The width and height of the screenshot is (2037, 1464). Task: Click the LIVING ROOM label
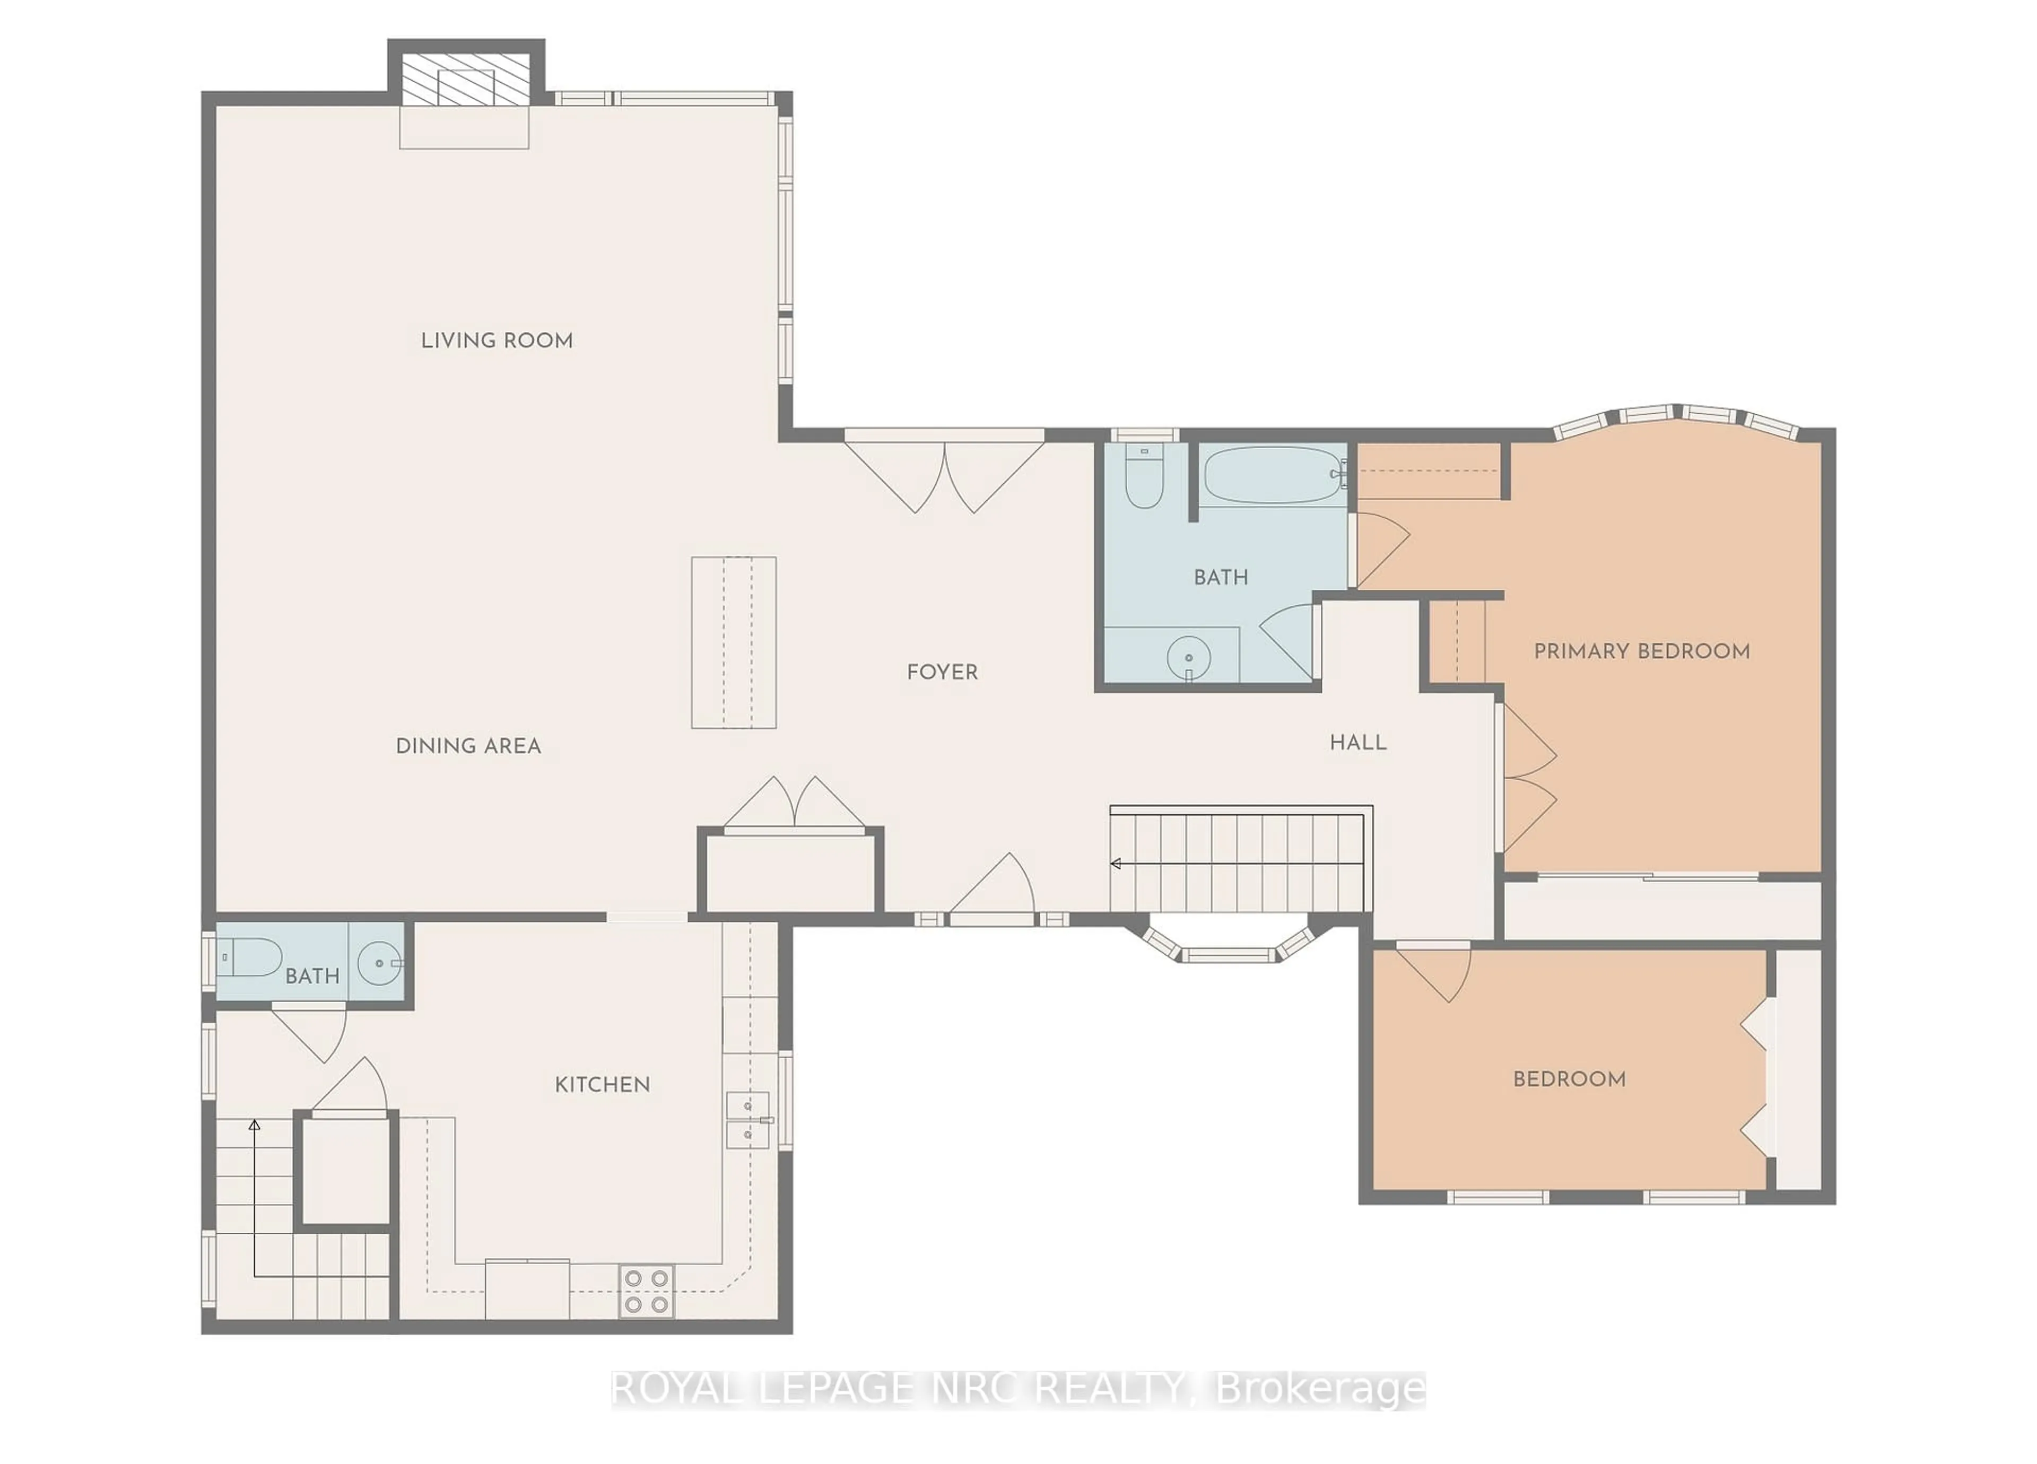pos(497,341)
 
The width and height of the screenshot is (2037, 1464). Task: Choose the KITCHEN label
pos(602,1084)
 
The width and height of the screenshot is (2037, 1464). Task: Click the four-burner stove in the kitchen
pos(646,1291)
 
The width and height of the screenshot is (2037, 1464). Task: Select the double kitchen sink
pos(747,1120)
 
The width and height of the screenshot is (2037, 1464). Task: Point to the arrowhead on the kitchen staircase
pos(254,1125)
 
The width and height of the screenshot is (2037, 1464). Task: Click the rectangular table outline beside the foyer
pos(733,642)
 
